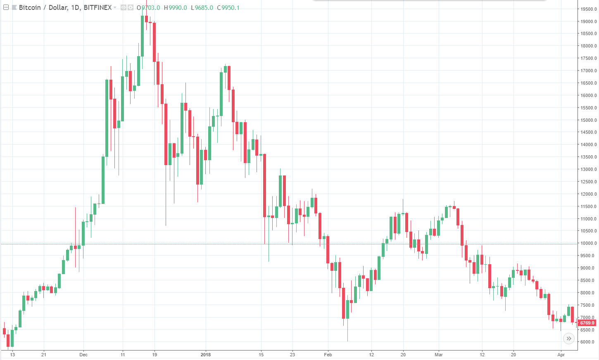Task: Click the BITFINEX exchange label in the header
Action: [97, 7]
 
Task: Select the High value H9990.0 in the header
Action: [175, 7]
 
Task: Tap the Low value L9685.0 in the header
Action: [202, 7]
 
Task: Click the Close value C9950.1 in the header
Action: [228, 7]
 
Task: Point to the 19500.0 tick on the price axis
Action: [588, 9]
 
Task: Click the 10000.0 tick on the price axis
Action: [588, 243]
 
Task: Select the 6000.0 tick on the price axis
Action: [588, 342]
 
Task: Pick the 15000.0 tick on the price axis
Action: [588, 120]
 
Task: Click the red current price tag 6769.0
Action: [587, 323]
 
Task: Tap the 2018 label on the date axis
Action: [205, 355]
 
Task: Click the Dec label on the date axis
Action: [83, 355]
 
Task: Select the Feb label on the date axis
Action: [328, 355]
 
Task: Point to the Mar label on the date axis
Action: [439, 355]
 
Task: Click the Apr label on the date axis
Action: [561, 355]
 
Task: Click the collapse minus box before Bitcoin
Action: [6, 7]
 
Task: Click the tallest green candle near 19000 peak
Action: [143, 36]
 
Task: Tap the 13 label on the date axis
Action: [12, 355]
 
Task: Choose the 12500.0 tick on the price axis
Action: [588, 182]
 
